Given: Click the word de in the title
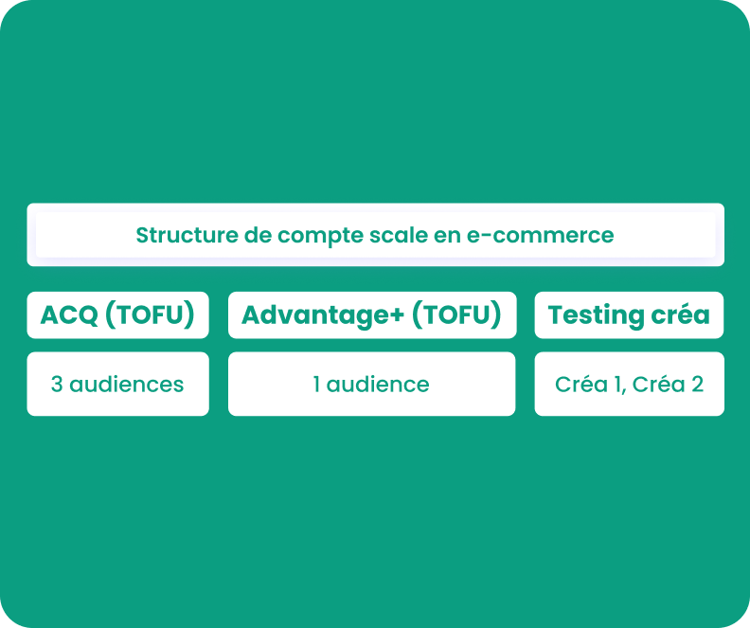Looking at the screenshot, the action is [x=258, y=235].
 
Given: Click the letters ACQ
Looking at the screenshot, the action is [x=69, y=315].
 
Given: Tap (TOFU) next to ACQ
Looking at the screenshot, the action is [x=150, y=314].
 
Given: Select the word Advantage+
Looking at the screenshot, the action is [x=323, y=315].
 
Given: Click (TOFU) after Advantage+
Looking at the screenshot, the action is [x=456, y=314].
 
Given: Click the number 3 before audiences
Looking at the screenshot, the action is [x=57, y=385].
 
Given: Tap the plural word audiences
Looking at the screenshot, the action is [x=127, y=385].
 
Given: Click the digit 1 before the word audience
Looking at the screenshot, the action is [x=316, y=385].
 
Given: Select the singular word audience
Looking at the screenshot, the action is [x=378, y=385].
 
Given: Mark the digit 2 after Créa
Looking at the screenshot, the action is [x=697, y=385].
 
